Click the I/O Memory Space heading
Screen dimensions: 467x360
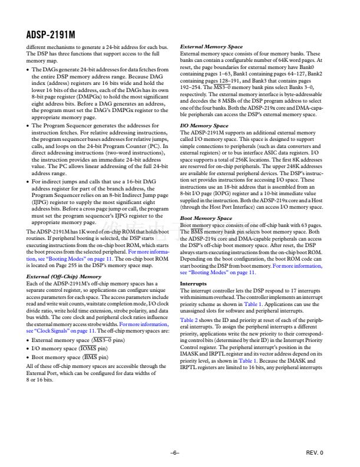pos(204,126)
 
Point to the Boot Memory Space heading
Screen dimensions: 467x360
pos(206,218)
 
